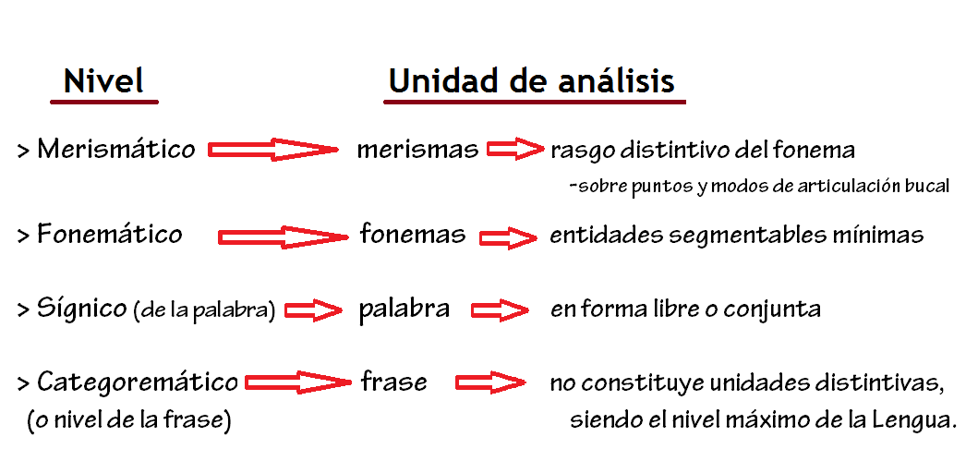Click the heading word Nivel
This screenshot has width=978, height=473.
point(103,81)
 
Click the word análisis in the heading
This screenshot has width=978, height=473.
point(617,81)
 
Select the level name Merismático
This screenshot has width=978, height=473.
point(116,150)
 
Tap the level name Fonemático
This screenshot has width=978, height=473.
point(110,235)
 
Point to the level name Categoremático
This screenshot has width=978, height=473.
point(138,382)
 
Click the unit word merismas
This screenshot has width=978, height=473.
point(417,150)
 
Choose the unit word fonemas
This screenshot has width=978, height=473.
point(413,235)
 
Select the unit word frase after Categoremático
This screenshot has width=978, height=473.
point(394,382)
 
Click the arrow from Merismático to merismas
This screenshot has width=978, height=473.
point(273,151)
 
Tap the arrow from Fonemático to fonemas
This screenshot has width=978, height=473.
point(283,237)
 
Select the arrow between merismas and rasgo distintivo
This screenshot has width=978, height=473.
point(515,150)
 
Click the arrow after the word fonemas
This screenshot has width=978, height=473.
point(508,237)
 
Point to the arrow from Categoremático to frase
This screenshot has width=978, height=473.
point(297,382)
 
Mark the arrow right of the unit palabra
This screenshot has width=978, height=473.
point(500,309)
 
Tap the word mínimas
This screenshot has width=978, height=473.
point(881,235)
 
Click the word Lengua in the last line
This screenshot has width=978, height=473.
point(914,420)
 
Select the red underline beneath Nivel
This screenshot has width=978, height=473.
point(104,101)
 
